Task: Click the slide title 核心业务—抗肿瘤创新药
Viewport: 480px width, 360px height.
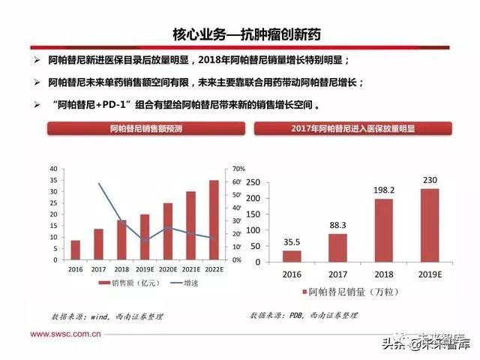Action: click(x=240, y=35)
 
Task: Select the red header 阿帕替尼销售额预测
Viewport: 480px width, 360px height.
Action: click(x=137, y=129)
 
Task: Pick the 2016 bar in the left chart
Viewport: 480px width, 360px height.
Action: click(x=75, y=250)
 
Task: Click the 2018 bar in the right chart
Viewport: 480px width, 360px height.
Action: click(x=383, y=231)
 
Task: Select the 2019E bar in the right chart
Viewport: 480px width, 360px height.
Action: click(x=430, y=226)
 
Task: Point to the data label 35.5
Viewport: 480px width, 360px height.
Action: click(x=292, y=241)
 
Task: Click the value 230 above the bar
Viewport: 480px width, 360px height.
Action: click(x=430, y=180)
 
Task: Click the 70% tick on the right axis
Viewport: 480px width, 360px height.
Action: click(x=239, y=169)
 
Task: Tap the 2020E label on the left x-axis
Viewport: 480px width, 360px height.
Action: click(x=167, y=268)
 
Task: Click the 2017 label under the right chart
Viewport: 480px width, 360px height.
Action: click(x=337, y=274)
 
